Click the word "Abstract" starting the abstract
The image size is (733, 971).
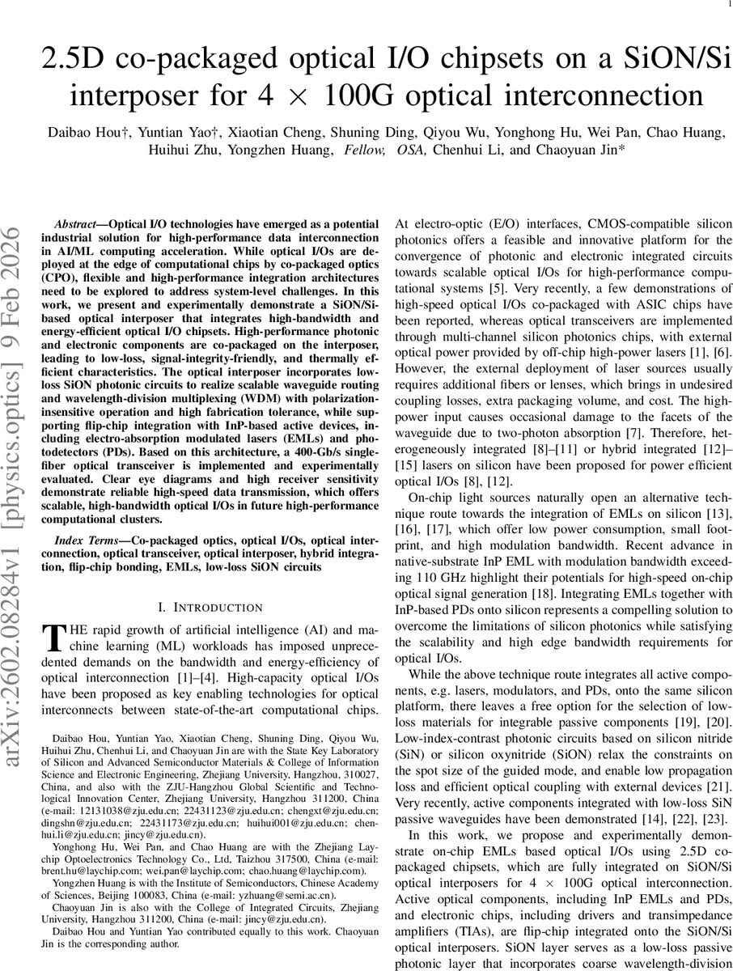79,223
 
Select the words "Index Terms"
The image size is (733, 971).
83,540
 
